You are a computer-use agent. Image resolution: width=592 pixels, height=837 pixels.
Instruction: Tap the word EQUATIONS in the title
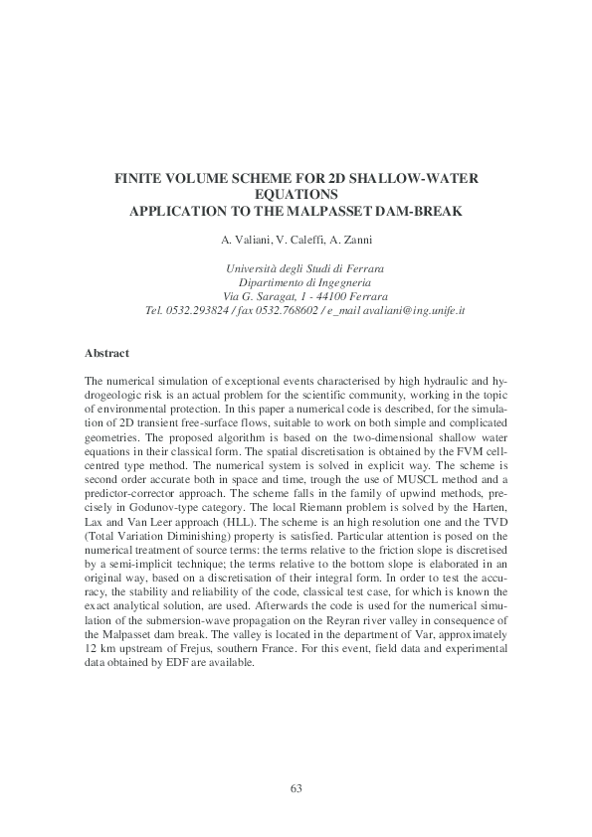coord(296,196)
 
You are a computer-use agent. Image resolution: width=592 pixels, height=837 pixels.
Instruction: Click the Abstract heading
coord(106,353)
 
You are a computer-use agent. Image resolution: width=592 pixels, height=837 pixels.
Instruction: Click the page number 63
coord(296,788)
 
